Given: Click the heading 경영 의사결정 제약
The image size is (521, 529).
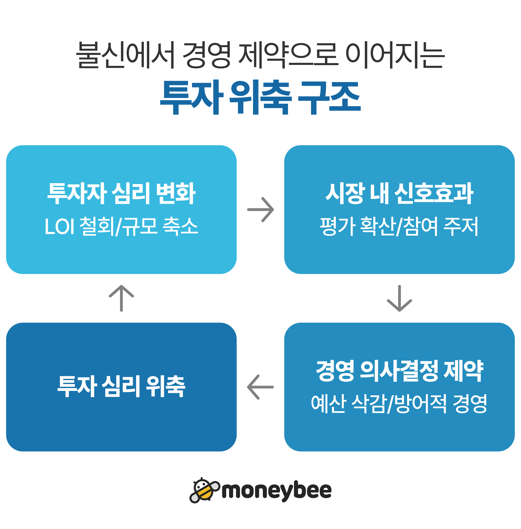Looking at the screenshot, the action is pyautogui.click(x=399, y=371).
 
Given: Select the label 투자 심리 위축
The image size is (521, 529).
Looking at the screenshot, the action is pyautogui.click(x=121, y=386).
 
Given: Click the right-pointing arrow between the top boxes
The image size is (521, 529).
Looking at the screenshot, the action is pyautogui.click(x=260, y=209).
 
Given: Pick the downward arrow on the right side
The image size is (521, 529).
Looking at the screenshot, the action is pyautogui.click(x=399, y=298).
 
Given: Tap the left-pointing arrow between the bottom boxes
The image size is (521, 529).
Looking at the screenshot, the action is pyautogui.click(x=260, y=387).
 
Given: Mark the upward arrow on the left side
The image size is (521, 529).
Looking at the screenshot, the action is pyautogui.click(x=121, y=298).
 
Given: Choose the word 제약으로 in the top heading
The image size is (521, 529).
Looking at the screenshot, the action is pyautogui.click(x=288, y=55).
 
